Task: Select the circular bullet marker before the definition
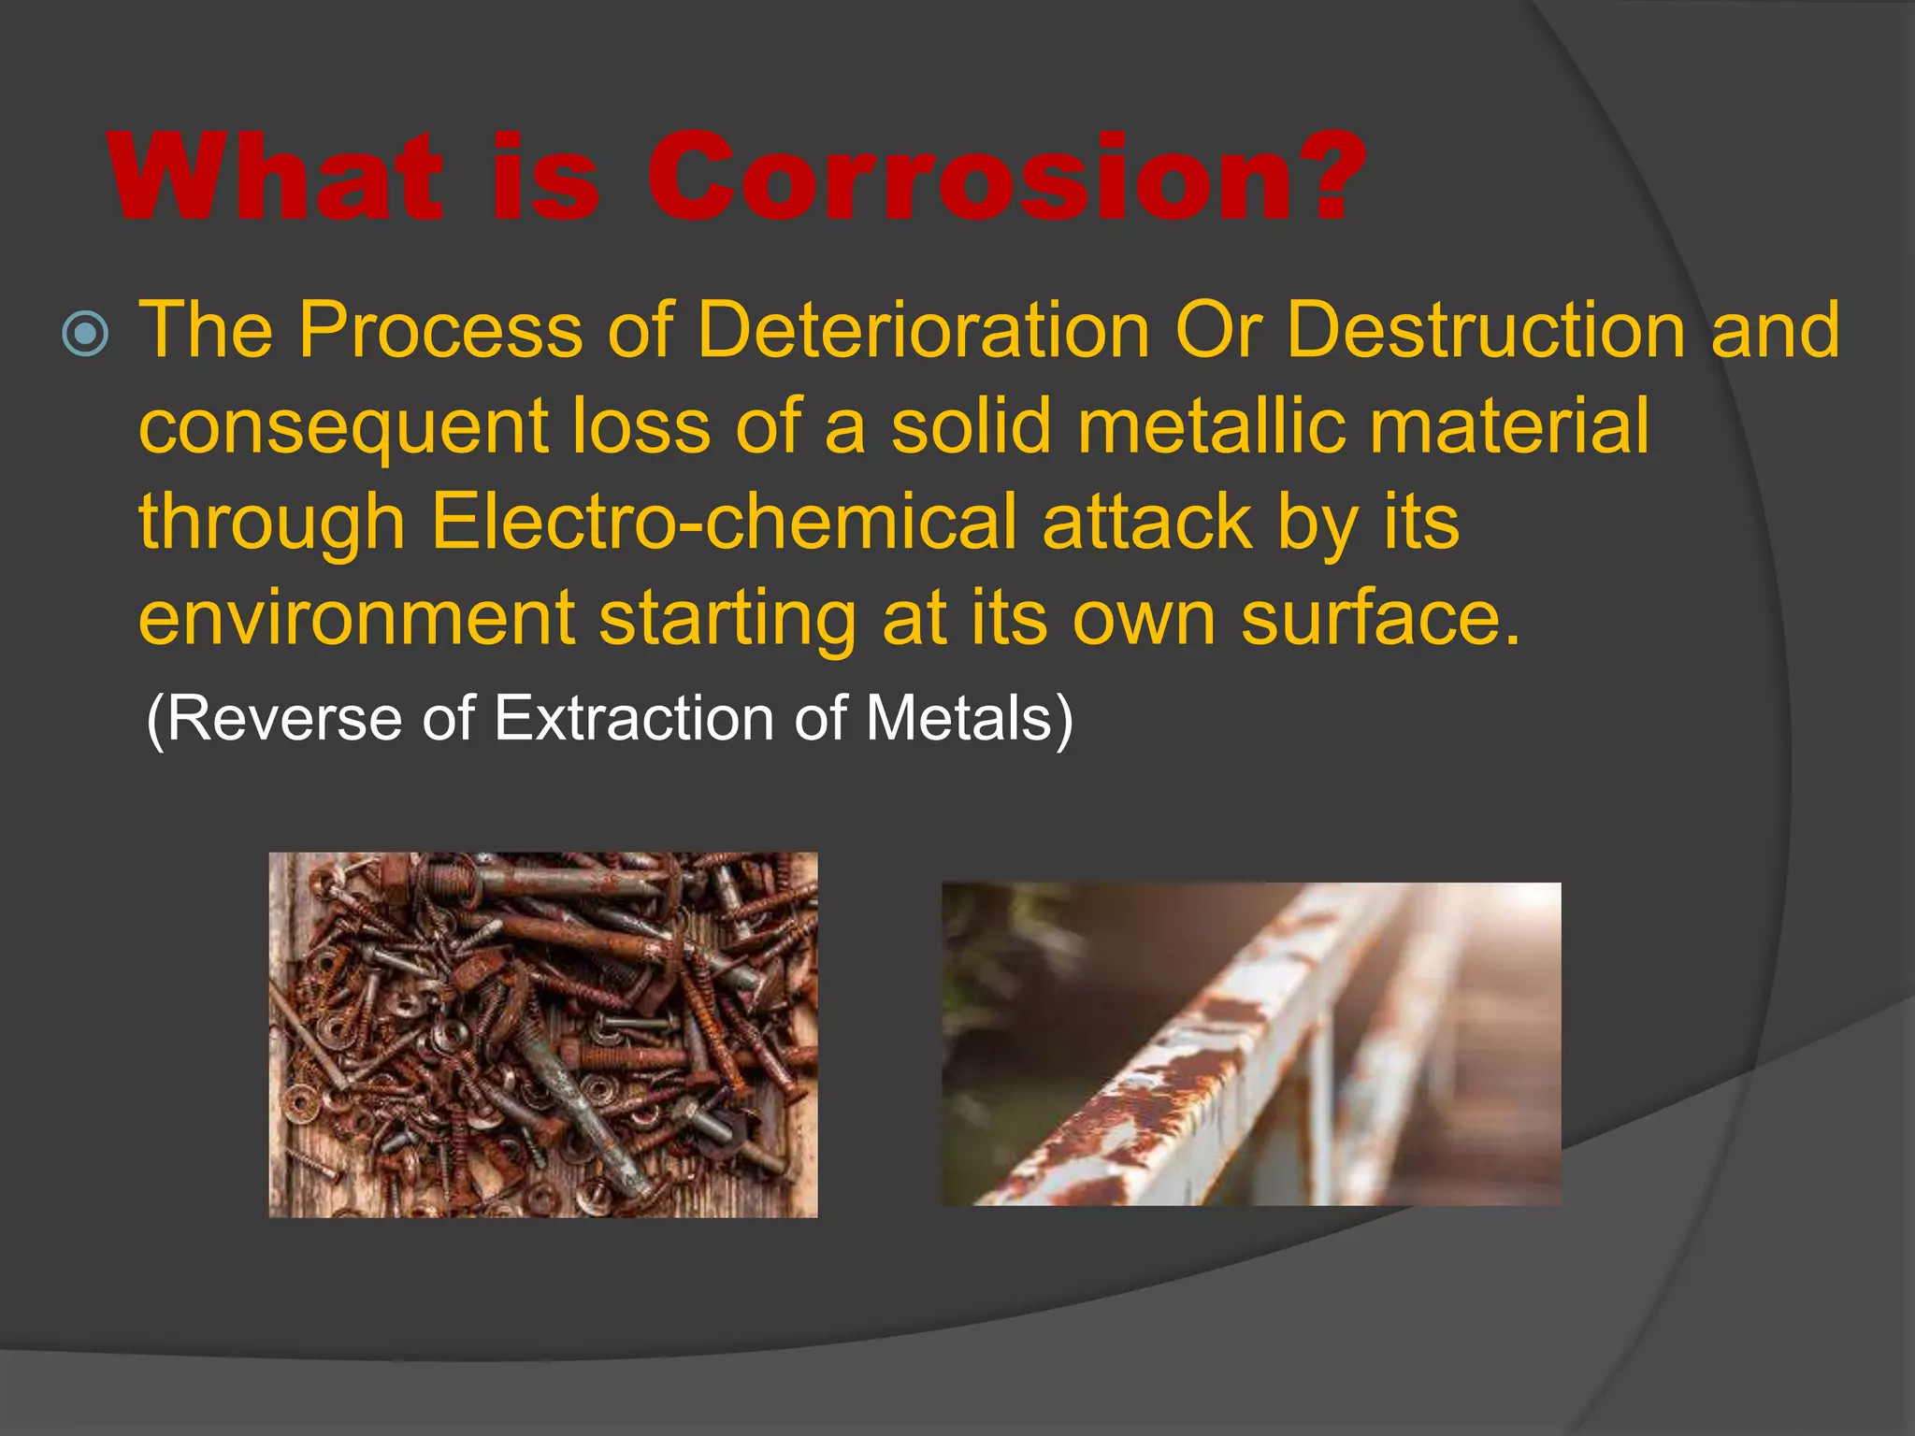coord(85,334)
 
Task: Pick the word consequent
coord(343,427)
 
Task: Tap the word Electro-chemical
coord(723,521)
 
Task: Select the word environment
coord(356,618)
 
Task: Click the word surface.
coord(1380,618)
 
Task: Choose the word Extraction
coord(633,718)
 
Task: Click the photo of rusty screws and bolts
coord(542,1034)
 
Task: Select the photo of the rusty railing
coord(1250,1043)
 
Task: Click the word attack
coord(1146,521)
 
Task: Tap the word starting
coord(727,620)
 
